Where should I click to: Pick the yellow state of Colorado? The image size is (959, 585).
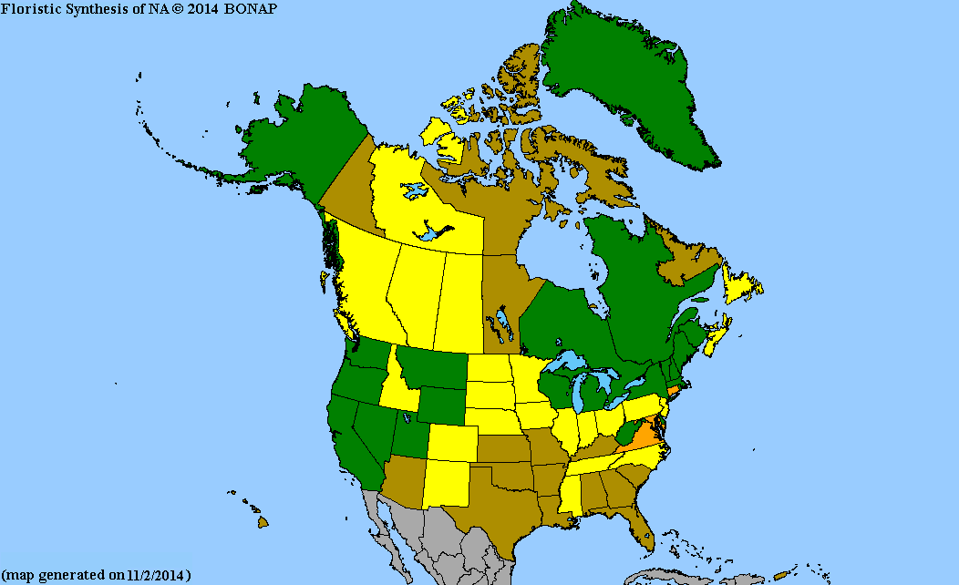tap(454, 441)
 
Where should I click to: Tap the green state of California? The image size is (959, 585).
tap(351, 446)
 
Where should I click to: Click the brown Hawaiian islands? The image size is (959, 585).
tap(262, 522)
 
